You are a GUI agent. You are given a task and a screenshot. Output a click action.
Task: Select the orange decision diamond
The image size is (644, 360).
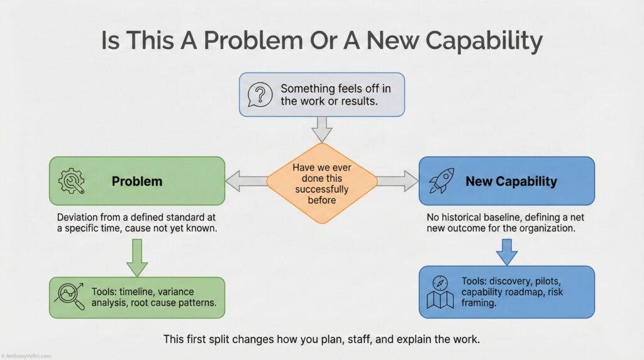tap(321, 181)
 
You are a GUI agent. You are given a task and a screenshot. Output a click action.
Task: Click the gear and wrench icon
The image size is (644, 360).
tap(70, 181)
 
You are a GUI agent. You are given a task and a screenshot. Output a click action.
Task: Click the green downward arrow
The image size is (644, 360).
tap(137, 256)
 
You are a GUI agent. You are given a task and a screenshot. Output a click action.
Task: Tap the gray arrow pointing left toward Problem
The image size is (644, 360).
tap(247, 181)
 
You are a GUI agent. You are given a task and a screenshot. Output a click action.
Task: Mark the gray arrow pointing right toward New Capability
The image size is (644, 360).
tap(397, 181)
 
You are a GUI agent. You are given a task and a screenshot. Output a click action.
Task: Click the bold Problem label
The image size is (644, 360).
tap(136, 181)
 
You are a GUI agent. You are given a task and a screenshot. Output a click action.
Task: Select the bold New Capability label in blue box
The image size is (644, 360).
tap(511, 181)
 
